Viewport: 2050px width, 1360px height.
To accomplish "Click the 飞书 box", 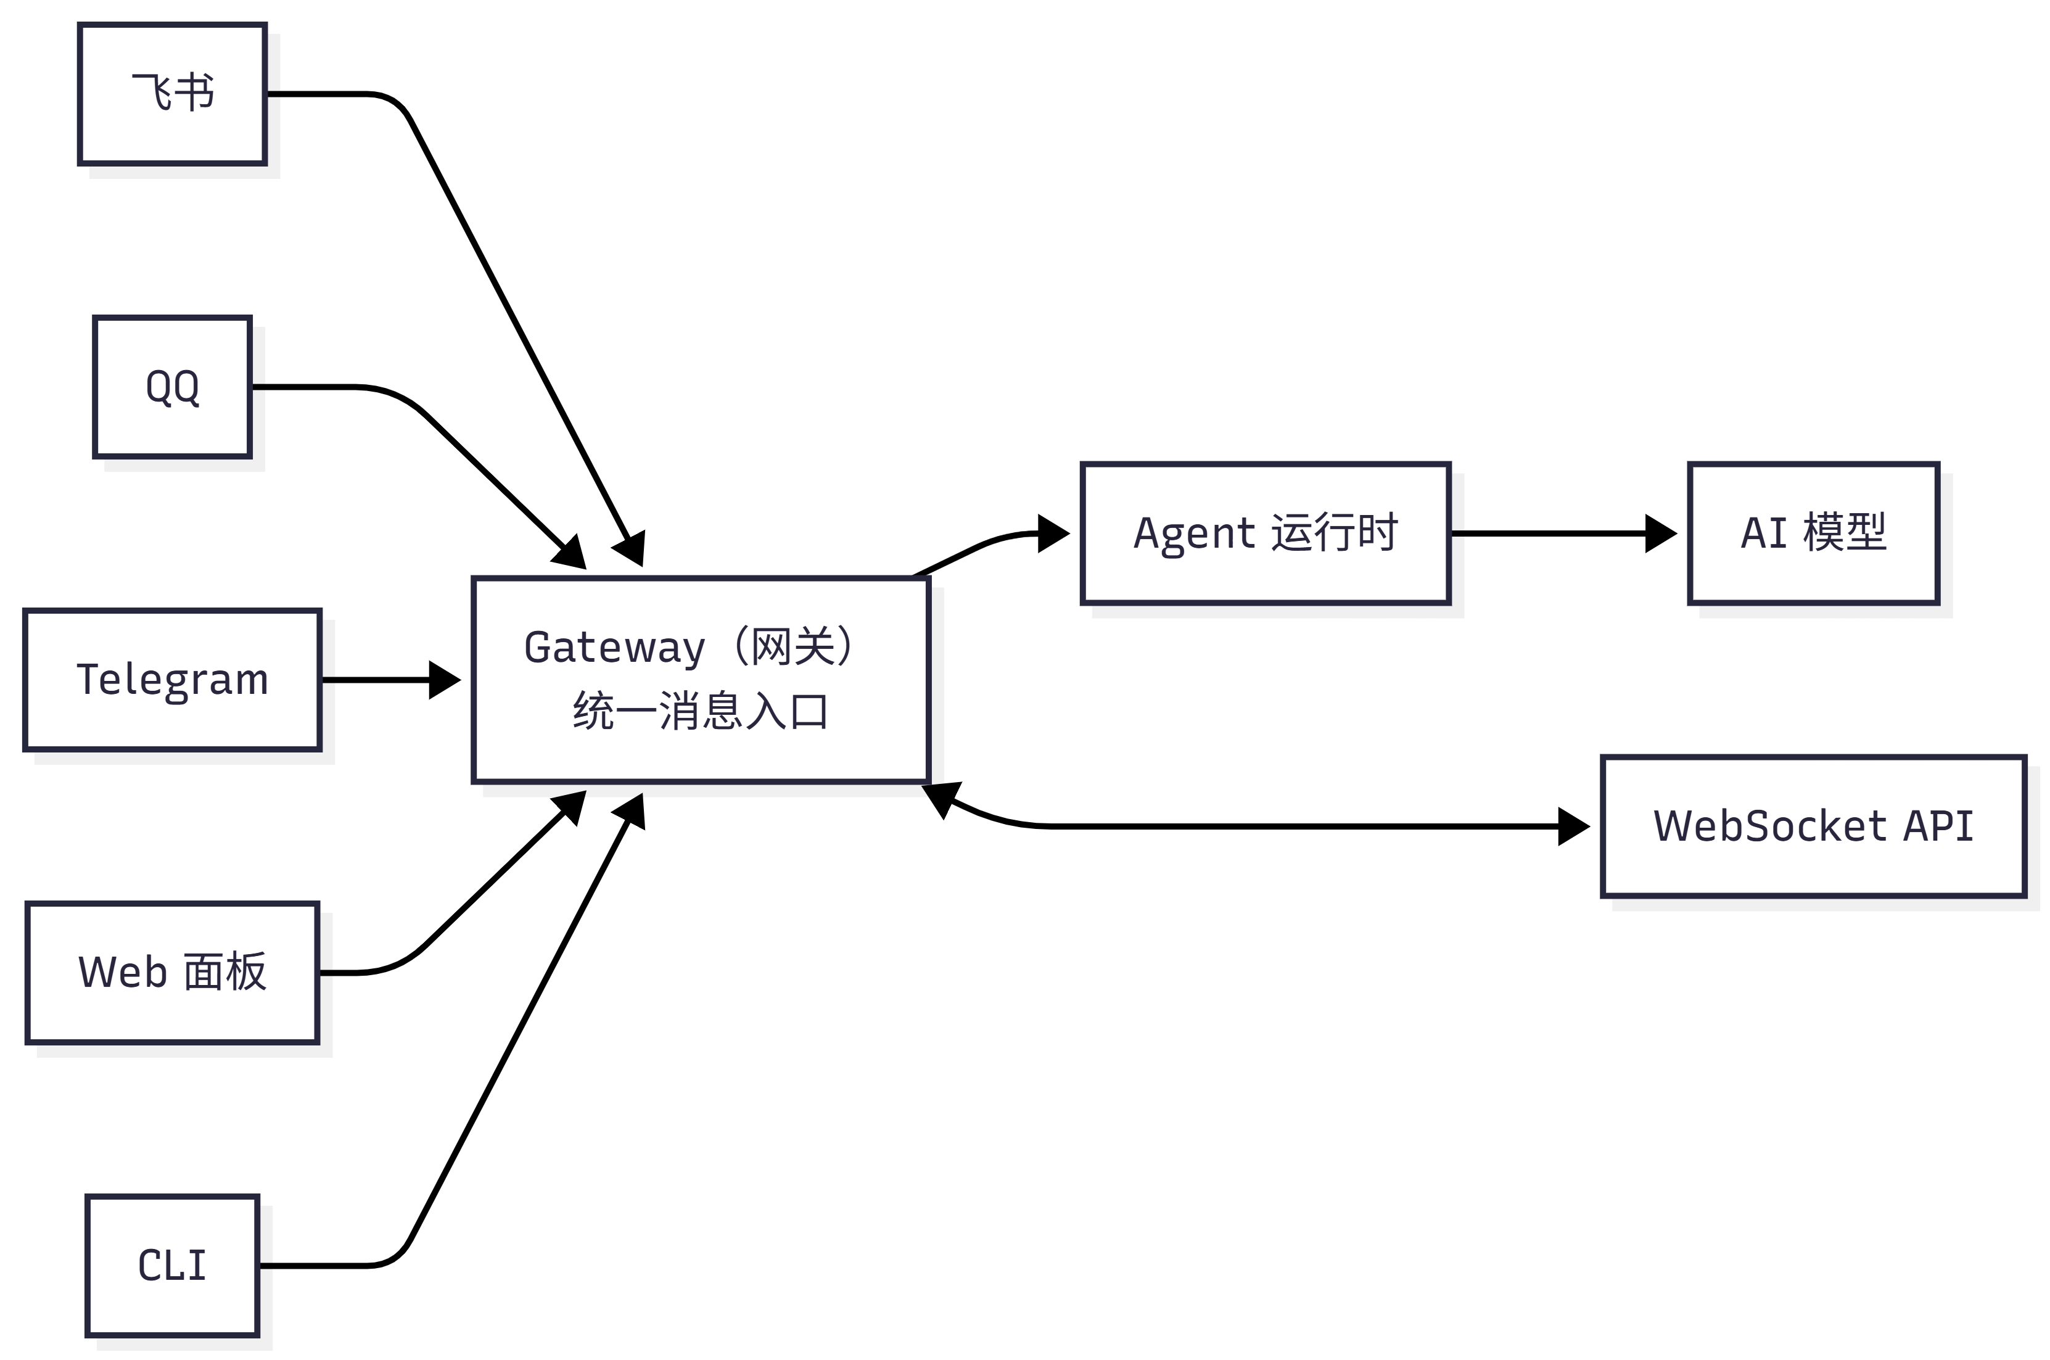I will (171, 94).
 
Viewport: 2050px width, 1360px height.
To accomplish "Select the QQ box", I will (171, 387).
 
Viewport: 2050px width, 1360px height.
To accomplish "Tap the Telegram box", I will (171, 680).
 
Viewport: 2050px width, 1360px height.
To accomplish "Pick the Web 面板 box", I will (171, 972).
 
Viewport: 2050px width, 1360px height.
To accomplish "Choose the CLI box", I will (171, 1266).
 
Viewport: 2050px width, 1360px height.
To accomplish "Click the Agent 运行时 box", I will (1265, 534).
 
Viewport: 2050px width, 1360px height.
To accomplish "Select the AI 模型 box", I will (1813, 534).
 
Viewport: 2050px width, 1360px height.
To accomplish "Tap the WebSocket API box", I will (1813, 826).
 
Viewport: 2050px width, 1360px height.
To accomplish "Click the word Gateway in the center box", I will (615, 648).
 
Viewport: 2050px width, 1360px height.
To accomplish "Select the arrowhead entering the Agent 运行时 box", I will (1053, 534).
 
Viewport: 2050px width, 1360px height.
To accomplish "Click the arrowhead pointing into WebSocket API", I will (1574, 826).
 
